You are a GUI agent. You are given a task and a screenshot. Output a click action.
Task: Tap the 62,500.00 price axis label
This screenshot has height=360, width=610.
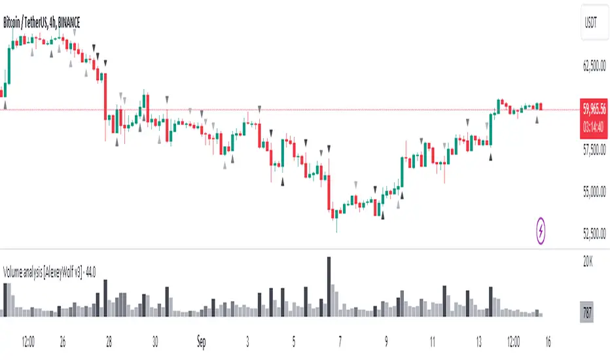[594, 66]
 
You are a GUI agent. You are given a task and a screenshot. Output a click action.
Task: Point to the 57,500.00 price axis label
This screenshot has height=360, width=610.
[594, 150]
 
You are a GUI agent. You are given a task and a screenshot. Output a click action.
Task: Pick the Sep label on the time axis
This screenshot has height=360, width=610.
[202, 341]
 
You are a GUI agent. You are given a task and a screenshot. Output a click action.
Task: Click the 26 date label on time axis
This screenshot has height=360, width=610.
[63, 341]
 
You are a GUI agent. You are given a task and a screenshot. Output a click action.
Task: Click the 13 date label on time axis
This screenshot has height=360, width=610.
[479, 341]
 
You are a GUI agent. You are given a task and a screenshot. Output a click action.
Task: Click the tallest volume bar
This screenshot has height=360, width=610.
[329, 287]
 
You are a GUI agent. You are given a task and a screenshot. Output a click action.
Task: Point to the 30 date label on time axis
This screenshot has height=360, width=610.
[155, 341]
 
